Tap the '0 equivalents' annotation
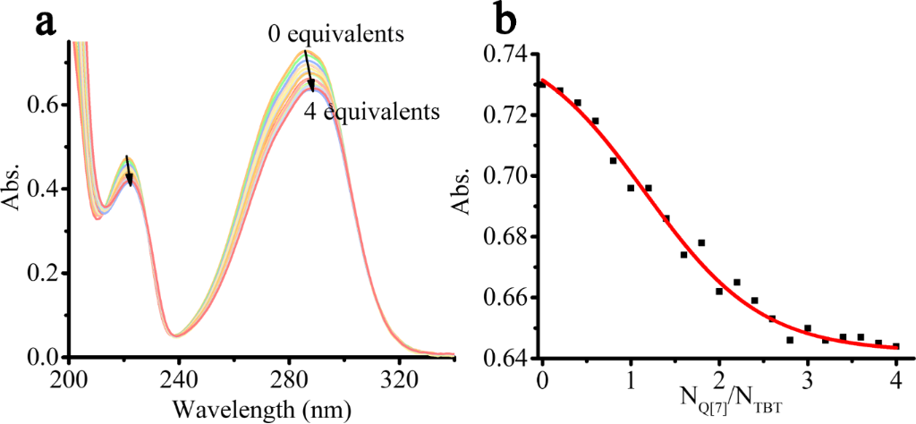[x=337, y=35]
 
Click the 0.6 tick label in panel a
[x=44, y=106]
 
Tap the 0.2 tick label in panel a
[x=44, y=274]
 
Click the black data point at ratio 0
[x=542, y=84]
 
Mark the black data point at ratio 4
[x=895, y=345]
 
